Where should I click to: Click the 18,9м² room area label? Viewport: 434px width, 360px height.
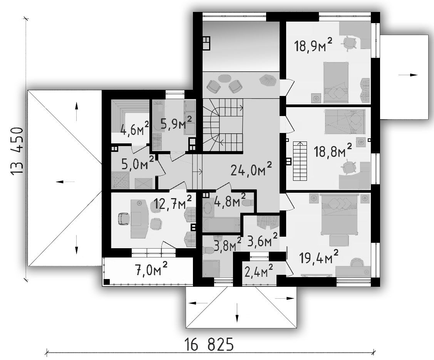[x=313, y=45]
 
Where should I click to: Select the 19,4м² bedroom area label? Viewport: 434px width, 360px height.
[x=318, y=257]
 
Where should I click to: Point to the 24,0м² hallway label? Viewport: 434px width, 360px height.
[x=251, y=169]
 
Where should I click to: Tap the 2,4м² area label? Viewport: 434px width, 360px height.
[x=259, y=271]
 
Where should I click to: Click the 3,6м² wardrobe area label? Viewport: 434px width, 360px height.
[x=262, y=240]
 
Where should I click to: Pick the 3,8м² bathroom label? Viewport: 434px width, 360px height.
[x=228, y=244]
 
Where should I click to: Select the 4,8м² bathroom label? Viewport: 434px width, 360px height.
[x=230, y=201]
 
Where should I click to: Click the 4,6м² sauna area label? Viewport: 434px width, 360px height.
[x=135, y=129]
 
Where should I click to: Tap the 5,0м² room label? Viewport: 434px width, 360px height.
[x=137, y=163]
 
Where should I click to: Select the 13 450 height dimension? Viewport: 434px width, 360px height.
[x=17, y=151]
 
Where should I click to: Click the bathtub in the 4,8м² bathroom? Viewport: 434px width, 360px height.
[x=221, y=224]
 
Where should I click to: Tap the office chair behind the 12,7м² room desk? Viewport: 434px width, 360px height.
[x=124, y=219]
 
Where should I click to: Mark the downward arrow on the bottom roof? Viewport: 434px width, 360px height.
[x=237, y=313]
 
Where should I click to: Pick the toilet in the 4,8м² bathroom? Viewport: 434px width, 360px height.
[x=248, y=203]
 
